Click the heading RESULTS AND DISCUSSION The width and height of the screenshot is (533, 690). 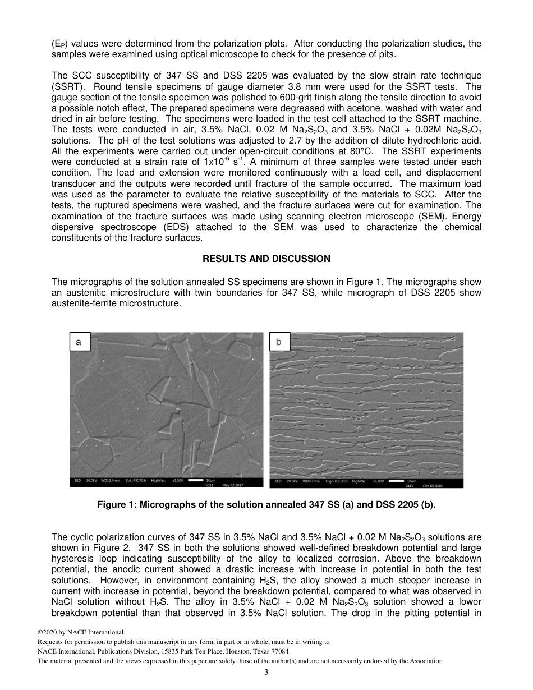tap(266, 259)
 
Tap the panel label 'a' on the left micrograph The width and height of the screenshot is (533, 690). tap(79, 342)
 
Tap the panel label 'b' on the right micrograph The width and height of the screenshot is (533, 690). tap(279, 342)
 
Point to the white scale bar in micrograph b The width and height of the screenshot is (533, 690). tap(396, 481)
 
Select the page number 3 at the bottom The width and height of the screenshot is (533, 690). tap(266, 672)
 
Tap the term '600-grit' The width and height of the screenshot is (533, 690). tap(254, 97)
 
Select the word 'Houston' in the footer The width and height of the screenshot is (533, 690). tap(232, 652)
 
